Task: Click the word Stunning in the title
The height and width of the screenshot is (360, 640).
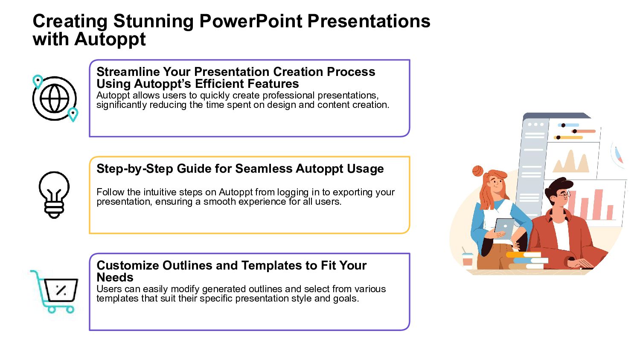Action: [153, 22]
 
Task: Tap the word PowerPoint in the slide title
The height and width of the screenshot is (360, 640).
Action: [250, 21]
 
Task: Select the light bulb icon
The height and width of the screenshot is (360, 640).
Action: [54, 195]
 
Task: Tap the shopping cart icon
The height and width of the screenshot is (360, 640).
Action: [54, 291]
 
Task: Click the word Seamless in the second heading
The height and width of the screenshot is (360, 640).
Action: [264, 168]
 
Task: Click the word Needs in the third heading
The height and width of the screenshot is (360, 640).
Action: [115, 277]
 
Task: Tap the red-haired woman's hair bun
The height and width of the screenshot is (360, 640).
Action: [478, 171]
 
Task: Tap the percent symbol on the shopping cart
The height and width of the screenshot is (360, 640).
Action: [61, 290]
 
